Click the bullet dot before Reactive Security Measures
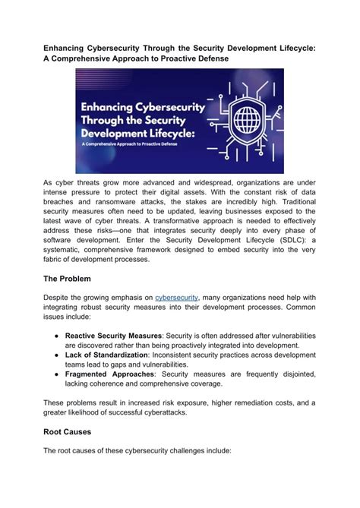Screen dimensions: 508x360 tap(56, 335)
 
